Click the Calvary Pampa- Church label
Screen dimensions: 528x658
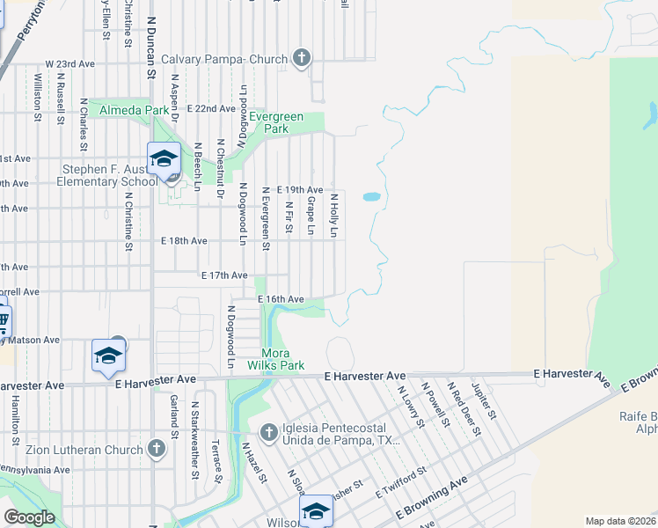pyautogui.click(x=223, y=59)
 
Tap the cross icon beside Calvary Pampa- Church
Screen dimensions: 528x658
pyautogui.click(x=301, y=59)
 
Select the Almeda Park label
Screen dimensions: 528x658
pyautogui.click(x=134, y=110)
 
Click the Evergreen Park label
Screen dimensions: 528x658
pyautogui.click(x=276, y=122)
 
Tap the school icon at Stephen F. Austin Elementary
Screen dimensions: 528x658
pyautogui.click(x=164, y=159)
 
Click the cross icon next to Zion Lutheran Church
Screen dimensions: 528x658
pyautogui.click(x=156, y=450)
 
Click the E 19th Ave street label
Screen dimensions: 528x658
pyautogui.click(x=300, y=190)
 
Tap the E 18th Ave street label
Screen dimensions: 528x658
pyautogui.click(x=184, y=240)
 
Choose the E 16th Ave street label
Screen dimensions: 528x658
pyautogui.click(x=281, y=299)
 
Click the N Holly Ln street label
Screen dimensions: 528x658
pyautogui.click(x=334, y=216)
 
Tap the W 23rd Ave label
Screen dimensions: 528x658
pyautogui.click(x=69, y=64)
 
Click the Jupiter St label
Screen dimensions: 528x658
pyautogui.click(x=485, y=400)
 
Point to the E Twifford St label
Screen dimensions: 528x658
pyautogui.click(x=400, y=482)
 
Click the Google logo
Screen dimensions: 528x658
pyautogui.click(x=29, y=517)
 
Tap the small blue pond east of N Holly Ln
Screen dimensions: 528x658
pyautogui.click(x=371, y=197)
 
